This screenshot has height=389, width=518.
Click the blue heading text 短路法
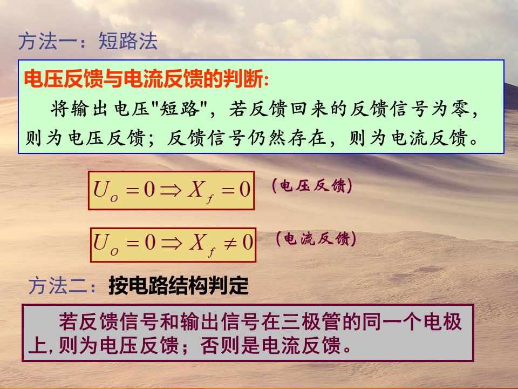pyautogui.click(x=128, y=41)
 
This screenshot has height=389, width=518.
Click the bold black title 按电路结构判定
pyautogui.click(x=179, y=285)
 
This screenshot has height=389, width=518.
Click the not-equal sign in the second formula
pyautogui.click(x=230, y=244)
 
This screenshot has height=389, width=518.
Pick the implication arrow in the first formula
pyautogui.click(x=171, y=190)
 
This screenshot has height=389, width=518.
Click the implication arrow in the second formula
pyautogui.click(x=172, y=244)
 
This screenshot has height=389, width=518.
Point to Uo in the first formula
pyautogui.click(x=106, y=191)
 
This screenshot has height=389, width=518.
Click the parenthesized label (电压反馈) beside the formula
pyautogui.click(x=312, y=186)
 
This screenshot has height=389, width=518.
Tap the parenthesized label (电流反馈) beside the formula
pyautogui.click(x=316, y=238)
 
